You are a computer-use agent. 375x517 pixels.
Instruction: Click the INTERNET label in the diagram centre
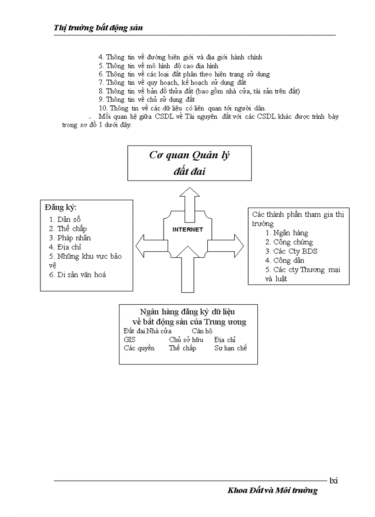187,229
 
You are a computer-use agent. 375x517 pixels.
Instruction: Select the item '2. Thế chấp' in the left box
68,229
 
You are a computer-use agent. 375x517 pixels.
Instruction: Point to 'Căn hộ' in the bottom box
202,331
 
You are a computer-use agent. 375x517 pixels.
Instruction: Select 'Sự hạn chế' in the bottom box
231,349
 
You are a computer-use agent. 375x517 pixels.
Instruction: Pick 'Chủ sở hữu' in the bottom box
186,340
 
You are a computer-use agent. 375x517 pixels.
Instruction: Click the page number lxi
334,481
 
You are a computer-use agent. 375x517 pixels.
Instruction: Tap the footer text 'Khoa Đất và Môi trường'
272,491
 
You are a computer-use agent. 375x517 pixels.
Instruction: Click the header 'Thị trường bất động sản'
98,28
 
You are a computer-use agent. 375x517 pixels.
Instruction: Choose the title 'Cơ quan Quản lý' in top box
189,155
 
